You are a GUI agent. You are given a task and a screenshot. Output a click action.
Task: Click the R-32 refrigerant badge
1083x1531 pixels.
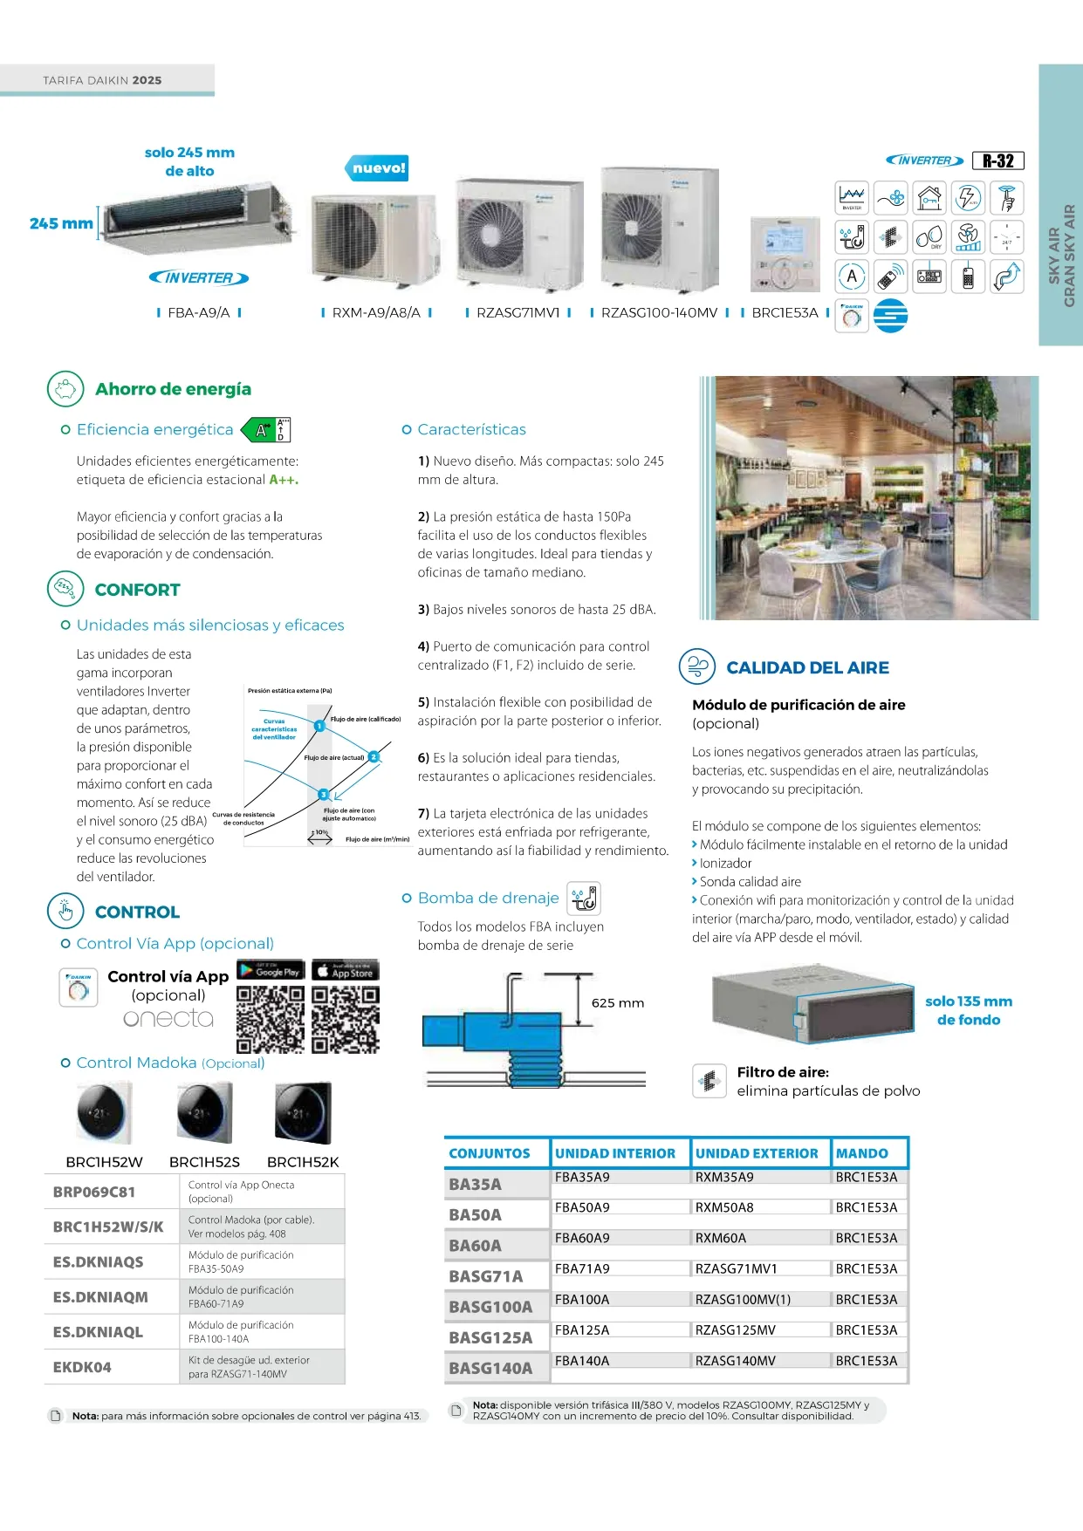pyautogui.click(x=997, y=161)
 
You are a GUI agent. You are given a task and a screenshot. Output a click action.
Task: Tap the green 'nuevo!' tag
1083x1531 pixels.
pyautogui.click(x=379, y=167)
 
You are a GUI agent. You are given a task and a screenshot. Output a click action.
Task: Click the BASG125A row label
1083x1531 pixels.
pyautogui.click(x=490, y=1337)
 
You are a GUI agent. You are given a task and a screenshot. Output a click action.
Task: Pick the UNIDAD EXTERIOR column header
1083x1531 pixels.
pyautogui.click(x=757, y=1153)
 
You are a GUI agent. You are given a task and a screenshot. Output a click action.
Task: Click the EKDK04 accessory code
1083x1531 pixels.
pyautogui.click(x=82, y=1367)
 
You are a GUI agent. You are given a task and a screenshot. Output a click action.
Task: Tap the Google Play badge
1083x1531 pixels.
pyautogui.click(x=271, y=971)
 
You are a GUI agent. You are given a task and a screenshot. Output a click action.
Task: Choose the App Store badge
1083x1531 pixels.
pyautogui.click(x=346, y=971)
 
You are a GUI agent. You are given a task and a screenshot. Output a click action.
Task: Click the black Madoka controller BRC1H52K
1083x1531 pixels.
pyautogui.click(x=303, y=1113)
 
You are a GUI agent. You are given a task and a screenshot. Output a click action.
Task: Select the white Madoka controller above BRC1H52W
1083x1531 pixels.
pyautogui.click(x=104, y=1113)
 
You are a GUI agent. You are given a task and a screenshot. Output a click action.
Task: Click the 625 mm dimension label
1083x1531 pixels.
pyautogui.click(x=618, y=1003)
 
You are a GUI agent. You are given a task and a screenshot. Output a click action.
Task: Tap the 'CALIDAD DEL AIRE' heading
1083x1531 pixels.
pyautogui.click(x=807, y=667)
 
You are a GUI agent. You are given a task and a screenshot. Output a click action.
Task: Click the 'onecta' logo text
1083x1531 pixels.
pyautogui.click(x=168, y=1018)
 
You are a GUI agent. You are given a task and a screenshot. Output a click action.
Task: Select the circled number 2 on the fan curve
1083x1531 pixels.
pyautogui.click(x=374, y=756)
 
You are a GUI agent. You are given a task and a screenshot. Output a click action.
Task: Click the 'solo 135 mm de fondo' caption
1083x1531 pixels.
pyautogui.click(x=969, y=1010)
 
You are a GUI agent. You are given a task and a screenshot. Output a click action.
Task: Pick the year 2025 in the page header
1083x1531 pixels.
pyautogui.click(x=147, y=80)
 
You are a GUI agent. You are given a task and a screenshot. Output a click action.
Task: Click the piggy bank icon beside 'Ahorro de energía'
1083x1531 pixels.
pyautogui.click(x=65, y=389)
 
